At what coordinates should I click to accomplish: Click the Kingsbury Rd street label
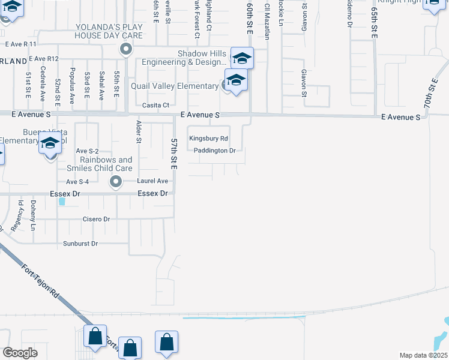tap(208, 138)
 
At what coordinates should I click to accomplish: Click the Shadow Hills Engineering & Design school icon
tap(242, 58)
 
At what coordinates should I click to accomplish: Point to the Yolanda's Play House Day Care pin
tap(125, 49)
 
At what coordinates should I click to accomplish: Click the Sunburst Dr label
tap(80, 244)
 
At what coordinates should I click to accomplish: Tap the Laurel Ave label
tap(152, 181)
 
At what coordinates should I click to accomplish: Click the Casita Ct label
tap(154, 105)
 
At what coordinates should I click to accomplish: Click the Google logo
tap(20, 353)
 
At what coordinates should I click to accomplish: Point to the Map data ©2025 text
tap(423, 355)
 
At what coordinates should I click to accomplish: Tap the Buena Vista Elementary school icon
tap(51, 145)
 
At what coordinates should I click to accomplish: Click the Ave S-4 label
tap(77, 181)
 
